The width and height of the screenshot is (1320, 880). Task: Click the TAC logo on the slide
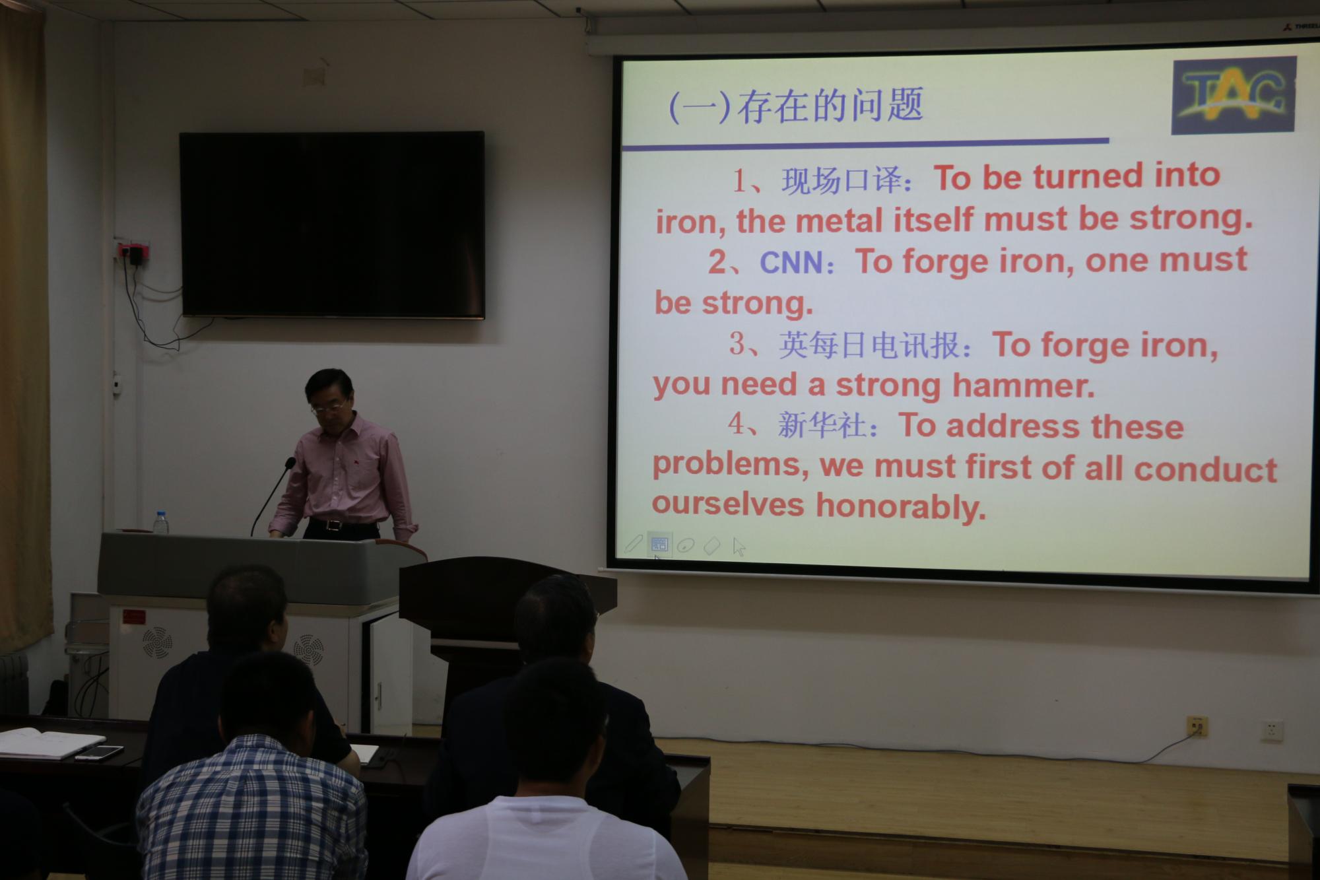coord(1234,95)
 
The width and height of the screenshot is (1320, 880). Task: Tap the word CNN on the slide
coord(791,263)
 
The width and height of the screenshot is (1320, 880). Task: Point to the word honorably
coord(901,506)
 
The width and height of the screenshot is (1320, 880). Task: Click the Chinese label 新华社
coord(822,424)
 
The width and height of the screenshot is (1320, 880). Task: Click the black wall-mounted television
coord(332,224)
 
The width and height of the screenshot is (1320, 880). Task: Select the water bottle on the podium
coord(161,522)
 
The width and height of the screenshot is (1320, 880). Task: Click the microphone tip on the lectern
coord(289,462)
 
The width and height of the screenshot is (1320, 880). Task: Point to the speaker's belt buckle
coord(334,525)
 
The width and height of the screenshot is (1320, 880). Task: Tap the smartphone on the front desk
coord(98,752)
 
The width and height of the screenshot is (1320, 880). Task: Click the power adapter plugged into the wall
coord(135,255)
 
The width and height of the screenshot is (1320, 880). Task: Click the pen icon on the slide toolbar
coord(633,544)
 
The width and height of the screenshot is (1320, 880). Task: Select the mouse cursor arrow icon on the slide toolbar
coord(739,547)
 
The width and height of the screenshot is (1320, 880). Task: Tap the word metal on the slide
coord(839,220)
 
